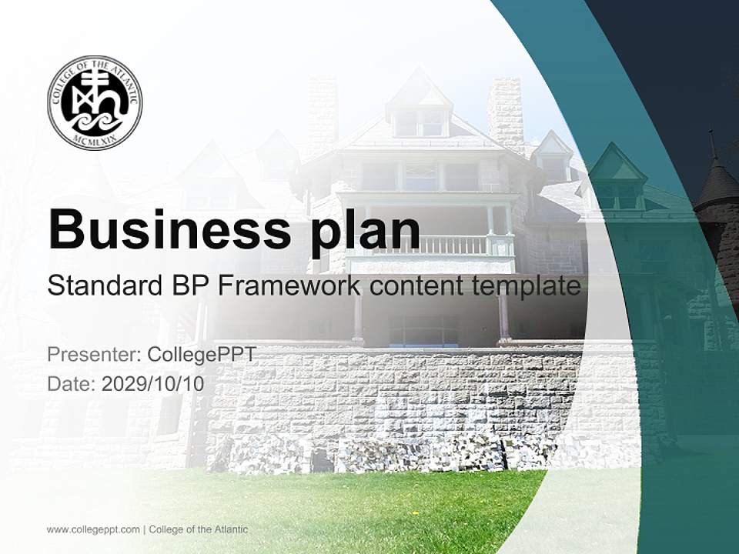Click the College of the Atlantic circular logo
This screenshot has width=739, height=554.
(x=95, y=102)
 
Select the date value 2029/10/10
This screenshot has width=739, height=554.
(x=153, y=384)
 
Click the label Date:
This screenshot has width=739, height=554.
(x=72, y=384)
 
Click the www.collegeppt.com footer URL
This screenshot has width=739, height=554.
(x=93, y=529)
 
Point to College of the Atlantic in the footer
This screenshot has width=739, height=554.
(x=199, y=529)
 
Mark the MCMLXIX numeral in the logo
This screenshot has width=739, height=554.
(x=95, y=141)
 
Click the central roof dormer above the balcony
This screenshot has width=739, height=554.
(x=420, y=108)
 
